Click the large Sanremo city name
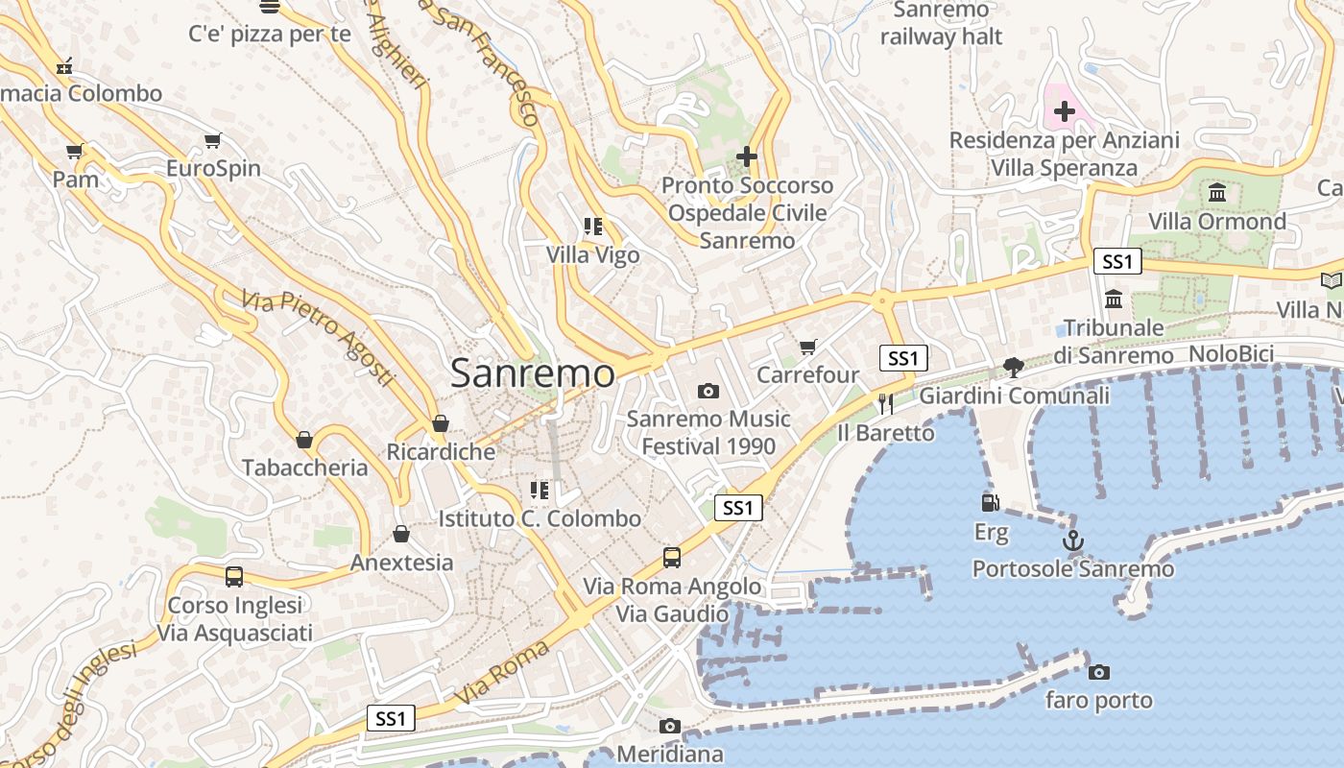532,373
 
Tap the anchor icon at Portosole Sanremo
1073,541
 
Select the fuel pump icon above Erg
990,502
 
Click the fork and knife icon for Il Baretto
885,404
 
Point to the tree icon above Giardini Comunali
1013,367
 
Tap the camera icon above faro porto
1099,672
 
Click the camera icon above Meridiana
670,726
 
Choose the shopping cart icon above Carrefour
807,347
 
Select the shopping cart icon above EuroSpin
213,141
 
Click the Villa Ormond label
1217,222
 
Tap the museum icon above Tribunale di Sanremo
1114,300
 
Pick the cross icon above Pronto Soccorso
747,156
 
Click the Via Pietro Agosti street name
318,339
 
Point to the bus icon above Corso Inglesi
234,577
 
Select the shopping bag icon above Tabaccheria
304,440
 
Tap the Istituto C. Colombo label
540,519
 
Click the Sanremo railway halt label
941,24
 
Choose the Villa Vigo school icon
593,228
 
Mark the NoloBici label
1231,354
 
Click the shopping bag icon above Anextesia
401,534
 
